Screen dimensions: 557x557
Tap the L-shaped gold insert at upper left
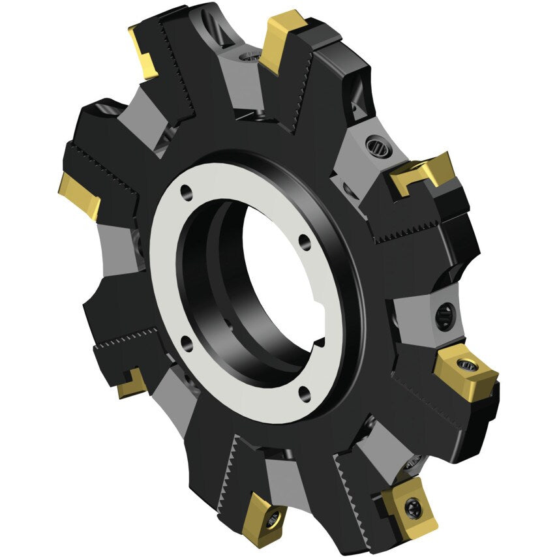tap(145, 52)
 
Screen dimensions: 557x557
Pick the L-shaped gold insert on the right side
tap(423, 173)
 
